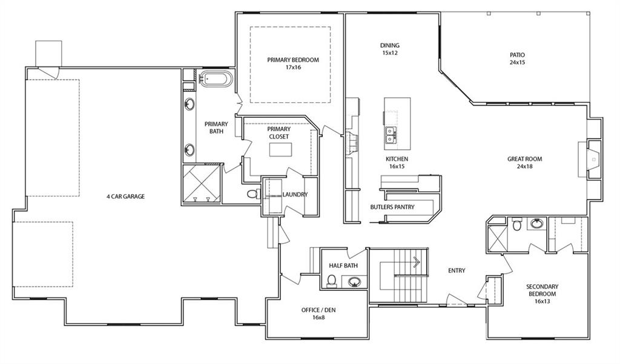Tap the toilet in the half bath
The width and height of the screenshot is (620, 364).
(332, 281)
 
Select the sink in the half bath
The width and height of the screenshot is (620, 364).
(354, 282)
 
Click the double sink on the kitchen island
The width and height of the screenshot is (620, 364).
(391, 135)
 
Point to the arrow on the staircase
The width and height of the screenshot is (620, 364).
(417, 262)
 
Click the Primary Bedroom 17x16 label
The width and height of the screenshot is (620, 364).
(293, 63)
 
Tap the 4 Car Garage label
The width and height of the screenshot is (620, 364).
(126, 197)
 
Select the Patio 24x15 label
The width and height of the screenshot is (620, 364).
(517, 59)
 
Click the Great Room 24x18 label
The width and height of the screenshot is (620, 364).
(525, 163)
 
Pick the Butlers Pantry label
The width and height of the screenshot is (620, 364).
(392, 207)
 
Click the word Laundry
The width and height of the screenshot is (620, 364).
(295, 195)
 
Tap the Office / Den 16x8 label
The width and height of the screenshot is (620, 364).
(318, 313)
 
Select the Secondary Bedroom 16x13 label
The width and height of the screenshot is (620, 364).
(542, 294)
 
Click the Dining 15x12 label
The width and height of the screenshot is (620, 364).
(390, 49)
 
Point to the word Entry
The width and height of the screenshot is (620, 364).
(457, 270)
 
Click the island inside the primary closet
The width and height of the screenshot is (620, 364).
(281, 149)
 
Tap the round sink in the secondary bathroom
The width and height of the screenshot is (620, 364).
(536, 224)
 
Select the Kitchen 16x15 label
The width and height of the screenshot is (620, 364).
(397, 163)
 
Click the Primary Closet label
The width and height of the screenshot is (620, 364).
(279, 132)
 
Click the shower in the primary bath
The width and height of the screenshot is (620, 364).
(201, 184)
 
